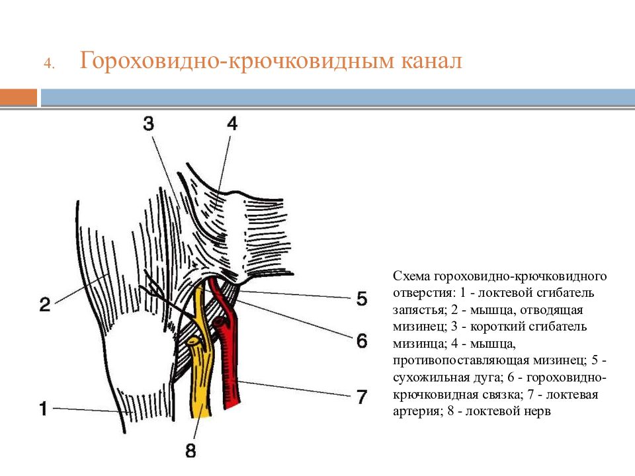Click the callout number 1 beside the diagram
click(44, 408)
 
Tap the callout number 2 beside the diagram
click(45, 304)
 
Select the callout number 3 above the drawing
click(149, 124)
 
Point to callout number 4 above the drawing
click(232, 124)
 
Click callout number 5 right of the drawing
click(362, 299)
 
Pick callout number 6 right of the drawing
click(362, 341)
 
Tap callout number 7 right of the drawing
click(362, 397)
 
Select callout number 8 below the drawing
click(190, 450)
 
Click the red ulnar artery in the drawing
click(230, 364)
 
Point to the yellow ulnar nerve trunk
click(201, 376)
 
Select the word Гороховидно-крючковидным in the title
click(237, 61)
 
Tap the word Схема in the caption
click(411, 276)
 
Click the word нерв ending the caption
click(534, 412)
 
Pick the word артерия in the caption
click(416, 412)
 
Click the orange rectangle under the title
click(19, 98)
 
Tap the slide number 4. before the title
click(49, 64)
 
